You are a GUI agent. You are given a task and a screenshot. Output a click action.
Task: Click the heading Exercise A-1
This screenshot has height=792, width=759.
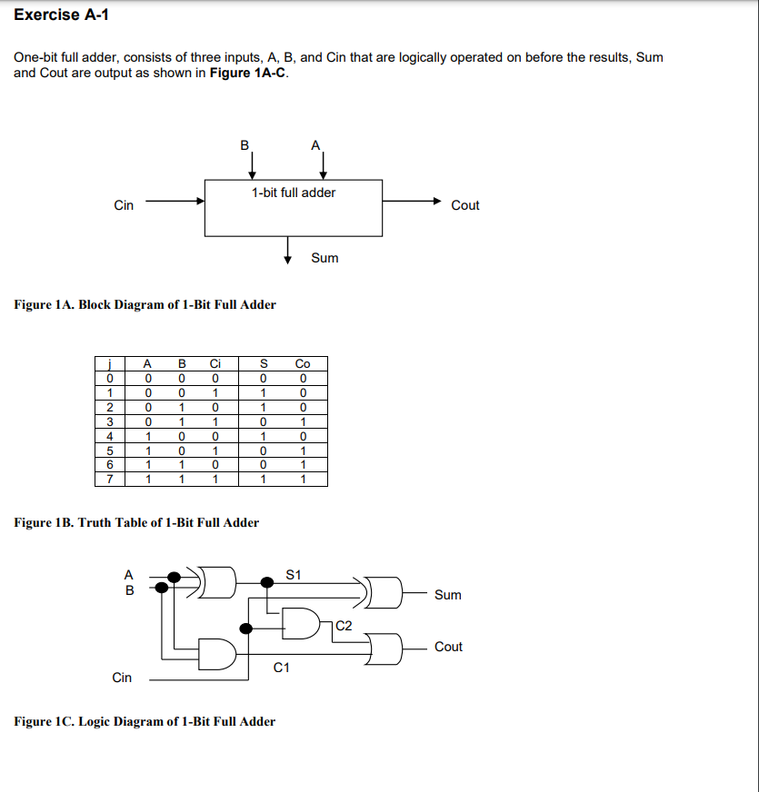point(62,15)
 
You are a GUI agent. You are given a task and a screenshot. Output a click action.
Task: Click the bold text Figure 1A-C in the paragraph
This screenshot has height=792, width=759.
point(248,73)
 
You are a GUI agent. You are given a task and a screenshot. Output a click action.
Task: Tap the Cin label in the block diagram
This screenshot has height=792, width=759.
point(124,205)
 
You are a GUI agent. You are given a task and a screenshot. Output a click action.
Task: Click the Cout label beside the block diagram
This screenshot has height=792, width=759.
point(464,205)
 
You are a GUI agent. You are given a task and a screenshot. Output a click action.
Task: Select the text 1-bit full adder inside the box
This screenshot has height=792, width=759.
point(294,193)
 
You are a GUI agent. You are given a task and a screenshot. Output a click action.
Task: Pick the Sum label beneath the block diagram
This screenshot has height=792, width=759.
point(325,258)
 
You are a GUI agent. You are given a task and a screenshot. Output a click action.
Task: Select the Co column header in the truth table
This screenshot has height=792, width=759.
point(303,364)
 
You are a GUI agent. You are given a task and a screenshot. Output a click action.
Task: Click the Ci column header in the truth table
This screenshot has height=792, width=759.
point(215,364)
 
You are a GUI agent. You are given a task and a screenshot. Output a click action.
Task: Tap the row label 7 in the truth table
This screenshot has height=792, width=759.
point(109,479)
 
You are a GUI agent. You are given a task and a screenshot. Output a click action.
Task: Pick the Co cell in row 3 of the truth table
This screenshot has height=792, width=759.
point(303,421)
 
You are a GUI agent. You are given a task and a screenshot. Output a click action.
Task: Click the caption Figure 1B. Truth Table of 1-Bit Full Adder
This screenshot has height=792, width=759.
point(137,522)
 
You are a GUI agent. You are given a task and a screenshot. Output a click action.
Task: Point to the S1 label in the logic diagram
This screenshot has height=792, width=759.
point(293,574)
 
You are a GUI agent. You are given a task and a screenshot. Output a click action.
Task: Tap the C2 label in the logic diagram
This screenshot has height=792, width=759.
point(344,625)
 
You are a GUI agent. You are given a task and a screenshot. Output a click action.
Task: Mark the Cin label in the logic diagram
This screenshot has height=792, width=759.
point(122,678)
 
